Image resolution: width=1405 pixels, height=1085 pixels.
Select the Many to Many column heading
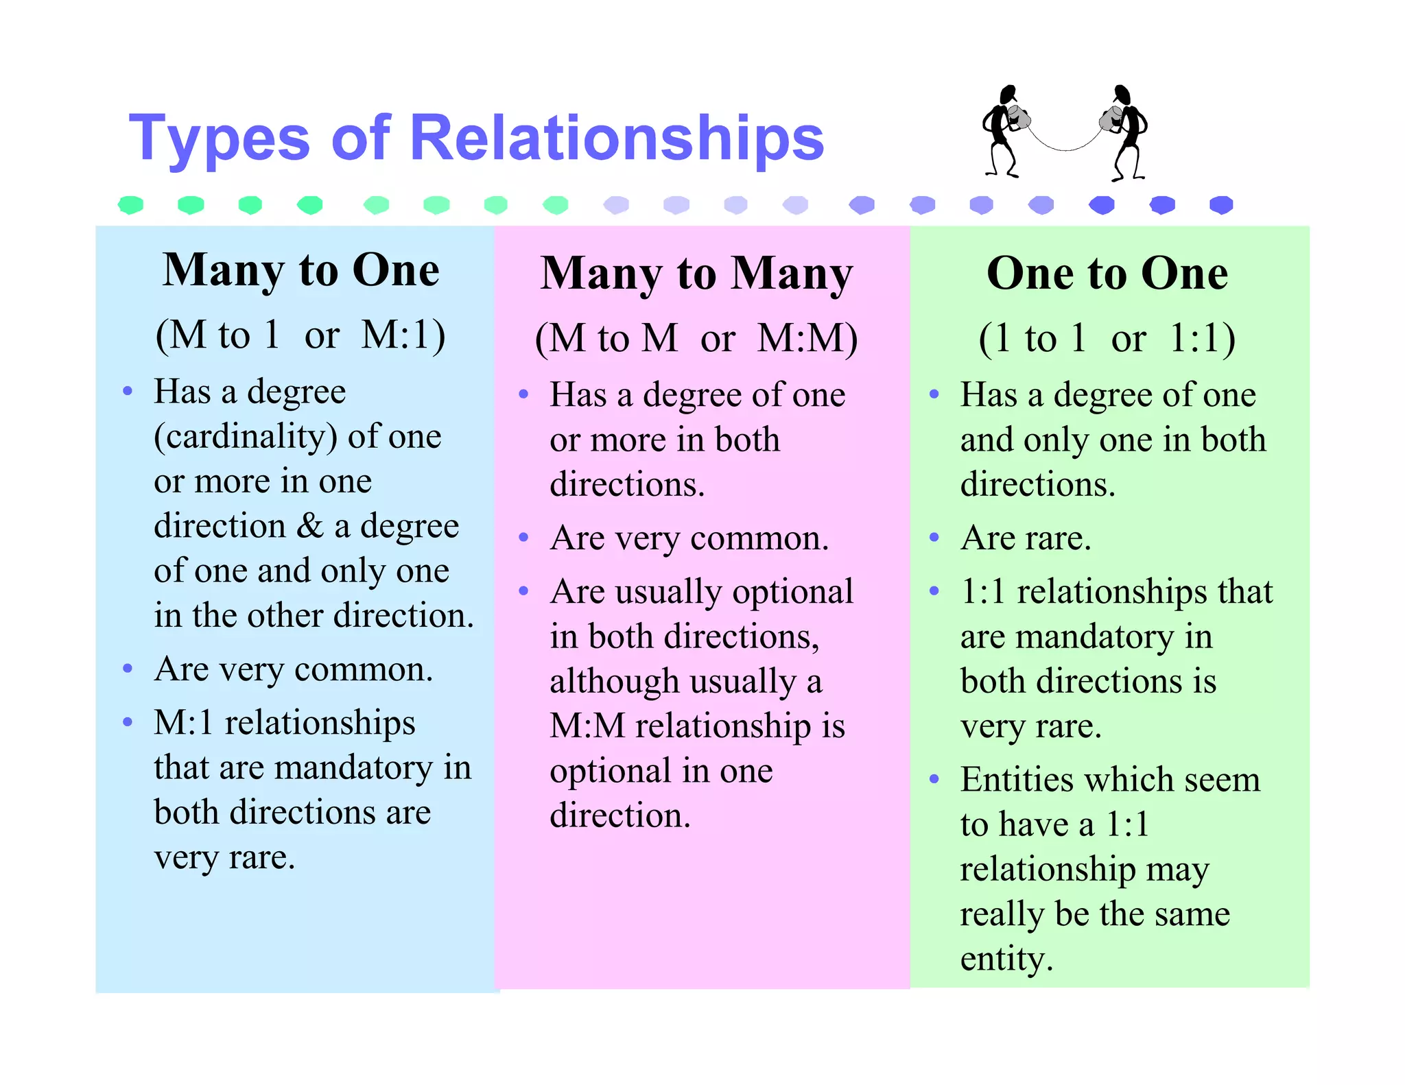click(696, 274)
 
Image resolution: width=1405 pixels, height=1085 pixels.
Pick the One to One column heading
click(1107, 274)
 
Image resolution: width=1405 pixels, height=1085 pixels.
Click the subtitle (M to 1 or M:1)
click(300, 335)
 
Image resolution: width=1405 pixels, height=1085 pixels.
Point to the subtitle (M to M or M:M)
click(696, 338)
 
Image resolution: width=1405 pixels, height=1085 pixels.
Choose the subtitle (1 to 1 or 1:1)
click(1107, 338)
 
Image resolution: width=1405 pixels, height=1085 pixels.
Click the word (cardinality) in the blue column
click(246, 437)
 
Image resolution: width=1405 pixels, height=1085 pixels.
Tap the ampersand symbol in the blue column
click(309, 526)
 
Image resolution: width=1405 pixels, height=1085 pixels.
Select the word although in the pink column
click(604, 682)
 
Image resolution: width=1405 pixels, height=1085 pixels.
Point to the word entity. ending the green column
click(1006, 959)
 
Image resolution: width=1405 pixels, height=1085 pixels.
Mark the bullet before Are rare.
click(934, 538)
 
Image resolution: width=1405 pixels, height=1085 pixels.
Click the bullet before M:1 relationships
click(127, 722)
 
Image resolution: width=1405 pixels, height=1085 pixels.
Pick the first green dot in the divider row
click(130, 204)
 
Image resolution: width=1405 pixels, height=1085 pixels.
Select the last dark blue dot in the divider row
click(1221, 204)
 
